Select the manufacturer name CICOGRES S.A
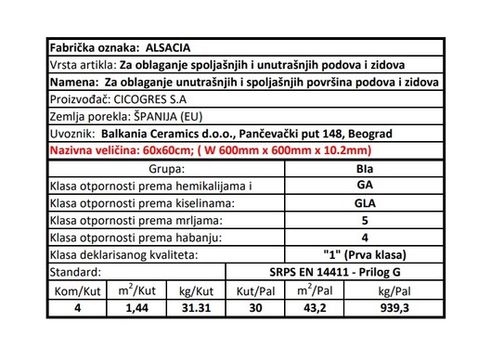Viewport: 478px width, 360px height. [149, 97]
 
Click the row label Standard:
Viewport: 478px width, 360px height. [75, 272]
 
